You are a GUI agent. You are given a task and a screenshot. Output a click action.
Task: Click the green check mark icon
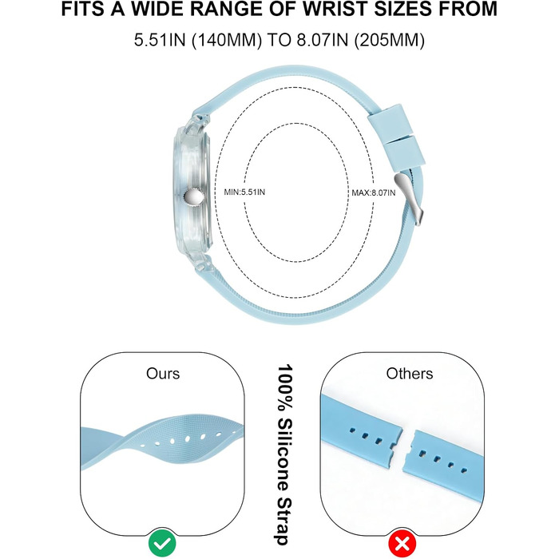click(x=162, y=543)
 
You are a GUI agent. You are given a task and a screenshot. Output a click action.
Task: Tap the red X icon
click(x=402, y=543)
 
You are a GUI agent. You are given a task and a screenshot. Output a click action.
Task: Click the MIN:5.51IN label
click(x=244, y=192)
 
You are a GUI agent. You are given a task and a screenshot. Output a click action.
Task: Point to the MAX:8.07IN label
click(x=374, y=193)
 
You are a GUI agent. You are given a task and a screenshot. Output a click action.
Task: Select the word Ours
click(x=163, y=374)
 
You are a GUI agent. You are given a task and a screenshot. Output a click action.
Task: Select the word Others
click(x=410, y=374)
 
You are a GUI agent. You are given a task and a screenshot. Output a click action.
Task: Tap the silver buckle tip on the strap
click(x=410, y=198)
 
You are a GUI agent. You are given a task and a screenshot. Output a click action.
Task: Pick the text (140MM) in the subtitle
click(x=227, y=40)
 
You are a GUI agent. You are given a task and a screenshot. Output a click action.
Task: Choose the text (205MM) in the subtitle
click(x=390, y=40)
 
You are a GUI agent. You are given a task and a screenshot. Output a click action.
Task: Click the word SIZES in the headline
click(x=402, y=9)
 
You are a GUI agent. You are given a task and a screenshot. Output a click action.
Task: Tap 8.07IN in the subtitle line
click(x=323, y=40)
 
